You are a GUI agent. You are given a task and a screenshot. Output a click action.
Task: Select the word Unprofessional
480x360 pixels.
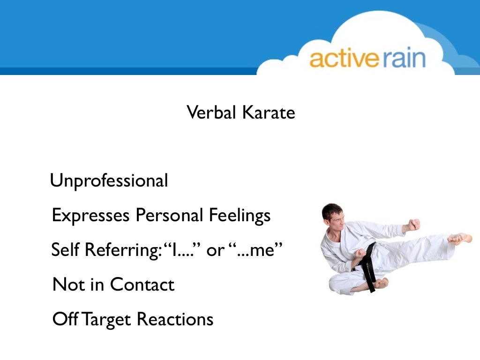109,181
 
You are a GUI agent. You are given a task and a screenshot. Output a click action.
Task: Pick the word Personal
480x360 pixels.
169,216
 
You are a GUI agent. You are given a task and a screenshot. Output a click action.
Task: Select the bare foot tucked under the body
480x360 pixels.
381,283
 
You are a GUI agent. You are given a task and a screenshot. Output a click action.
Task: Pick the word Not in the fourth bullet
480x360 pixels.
65,285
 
